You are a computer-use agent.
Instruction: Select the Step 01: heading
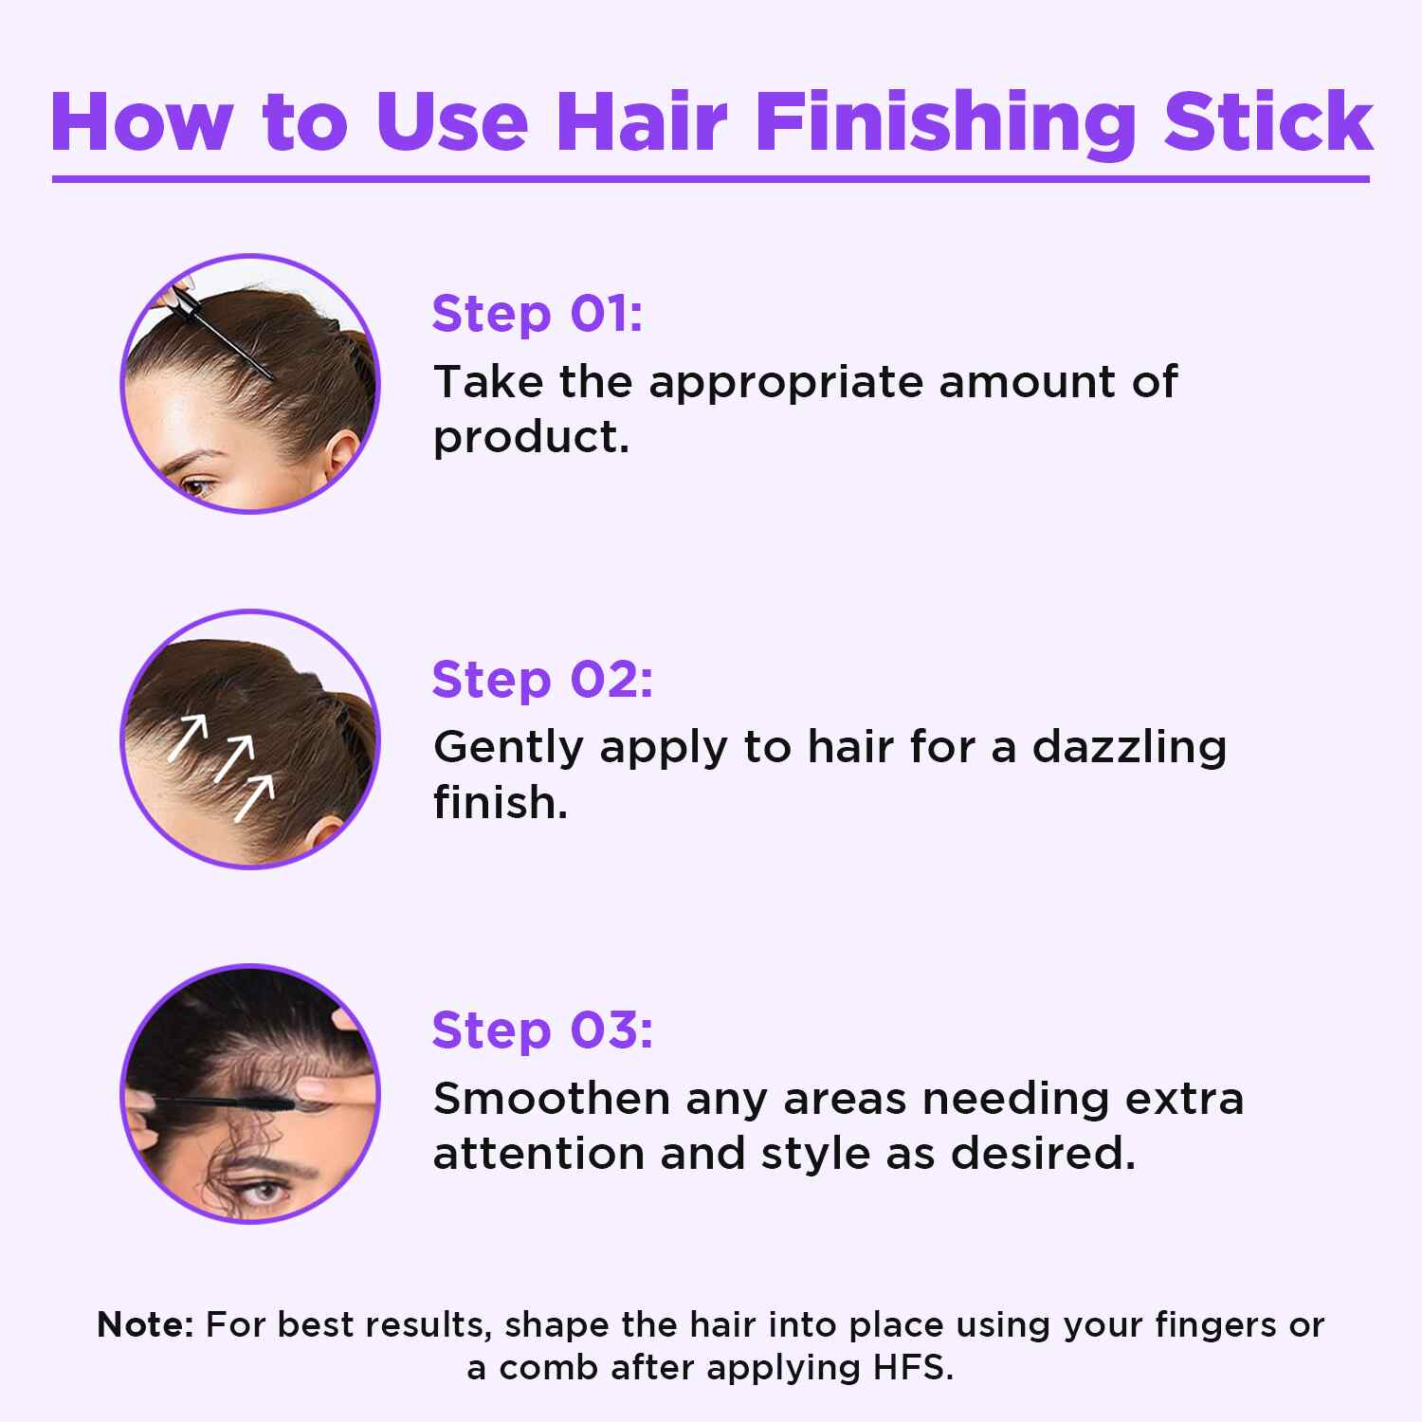(x=538, y=314)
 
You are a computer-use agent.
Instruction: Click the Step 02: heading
(x=542, y=679)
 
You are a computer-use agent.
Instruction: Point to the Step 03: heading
(x=542, y=1030)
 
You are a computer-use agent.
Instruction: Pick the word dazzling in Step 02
(x=1129, y=749)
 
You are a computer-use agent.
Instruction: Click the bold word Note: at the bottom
(x=145, y=1323)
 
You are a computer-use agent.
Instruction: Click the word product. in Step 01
(x=531, y=438)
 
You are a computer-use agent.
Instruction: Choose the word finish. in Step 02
(x=500, y=803)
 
